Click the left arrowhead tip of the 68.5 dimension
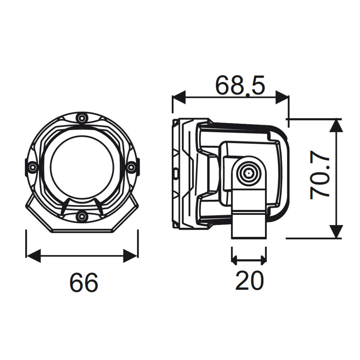click(x=172, y=97)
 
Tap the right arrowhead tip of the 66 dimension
click(x=138, y=256)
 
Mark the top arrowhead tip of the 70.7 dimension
click(x=336, y=119)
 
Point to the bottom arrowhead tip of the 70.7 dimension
click(x=336, y=238)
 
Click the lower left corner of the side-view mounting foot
click(x=231, y=238)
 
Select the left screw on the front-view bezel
click(x=32, y=167)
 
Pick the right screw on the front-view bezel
click(x=131, y=167)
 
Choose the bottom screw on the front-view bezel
click(x=82, y=216)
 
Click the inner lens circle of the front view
click(x=82, y=168)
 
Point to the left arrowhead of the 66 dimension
click(x=33, y=256)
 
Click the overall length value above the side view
click(x=240, y=85)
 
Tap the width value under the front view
click(x=84, y=282)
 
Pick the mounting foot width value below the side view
click(x=249, y=280)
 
